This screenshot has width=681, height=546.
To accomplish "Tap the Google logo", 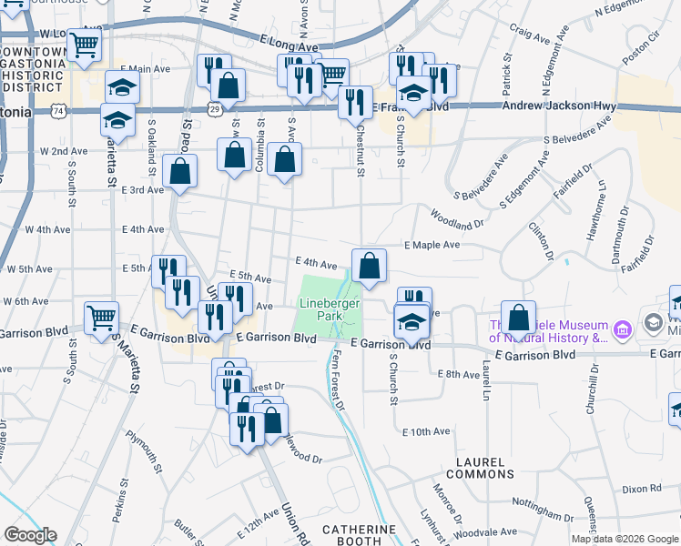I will point(30,535).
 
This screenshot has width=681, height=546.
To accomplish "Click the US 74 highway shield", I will point(59,111).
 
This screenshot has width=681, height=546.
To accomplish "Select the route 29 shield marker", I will point(214,108).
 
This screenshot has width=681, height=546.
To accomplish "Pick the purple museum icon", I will point(624,327).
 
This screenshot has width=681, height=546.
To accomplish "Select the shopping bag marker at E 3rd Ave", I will point(181,170).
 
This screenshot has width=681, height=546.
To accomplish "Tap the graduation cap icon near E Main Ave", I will point(122,86).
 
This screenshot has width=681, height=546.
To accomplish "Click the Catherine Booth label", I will point(359,534).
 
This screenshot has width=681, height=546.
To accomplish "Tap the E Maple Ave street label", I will point(432,245).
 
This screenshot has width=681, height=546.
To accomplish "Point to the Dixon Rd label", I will point(641,489).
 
